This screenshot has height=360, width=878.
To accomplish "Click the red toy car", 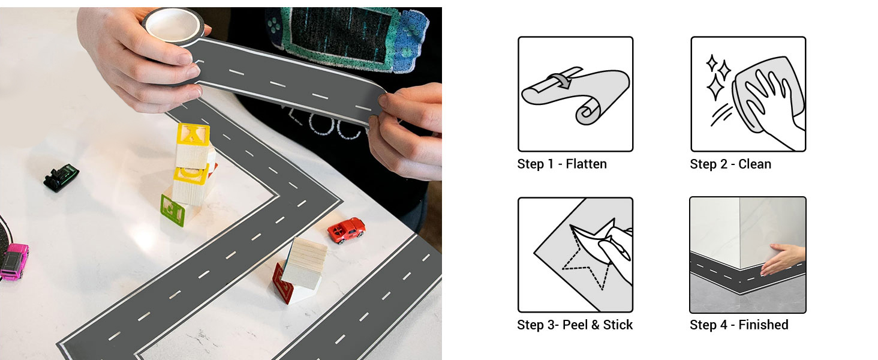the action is point(346,230).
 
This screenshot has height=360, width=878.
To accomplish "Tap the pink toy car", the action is point(14,262).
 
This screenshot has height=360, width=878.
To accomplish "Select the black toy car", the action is point(61,178).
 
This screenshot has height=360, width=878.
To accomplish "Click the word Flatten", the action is point(586,164).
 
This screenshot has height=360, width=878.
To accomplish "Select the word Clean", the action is point(754,164).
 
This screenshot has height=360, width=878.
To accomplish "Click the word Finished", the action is point(763,325).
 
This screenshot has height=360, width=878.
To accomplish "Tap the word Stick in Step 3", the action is point(618,325).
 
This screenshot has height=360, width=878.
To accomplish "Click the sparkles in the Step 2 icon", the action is point(717,77).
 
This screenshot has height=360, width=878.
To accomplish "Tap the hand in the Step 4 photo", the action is point(782,259).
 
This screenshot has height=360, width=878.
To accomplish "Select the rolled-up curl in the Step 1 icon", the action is point(588,111).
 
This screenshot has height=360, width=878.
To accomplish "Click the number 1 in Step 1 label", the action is point(551,164).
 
